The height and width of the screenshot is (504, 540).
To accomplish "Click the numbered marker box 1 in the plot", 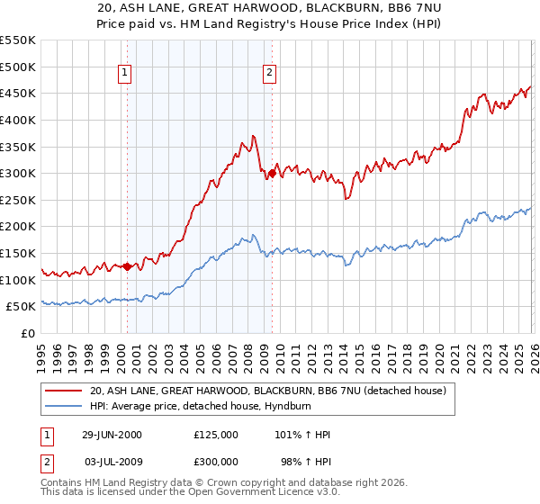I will (124, 75).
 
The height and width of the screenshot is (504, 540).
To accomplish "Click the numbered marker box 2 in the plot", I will (269, 75).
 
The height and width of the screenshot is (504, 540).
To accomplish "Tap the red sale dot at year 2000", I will (128, 266).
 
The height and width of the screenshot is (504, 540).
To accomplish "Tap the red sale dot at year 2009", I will (273, 173).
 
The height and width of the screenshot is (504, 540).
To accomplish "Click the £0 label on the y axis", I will (28, 334).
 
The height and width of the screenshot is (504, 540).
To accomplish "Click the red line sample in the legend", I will (65, 391).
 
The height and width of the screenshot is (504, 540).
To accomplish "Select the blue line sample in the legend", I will (65, 407).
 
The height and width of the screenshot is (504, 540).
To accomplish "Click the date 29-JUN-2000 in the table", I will (112, 435).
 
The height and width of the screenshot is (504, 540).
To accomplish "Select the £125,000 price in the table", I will (216, 435).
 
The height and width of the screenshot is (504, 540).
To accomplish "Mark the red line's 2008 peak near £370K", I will (255, 136).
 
